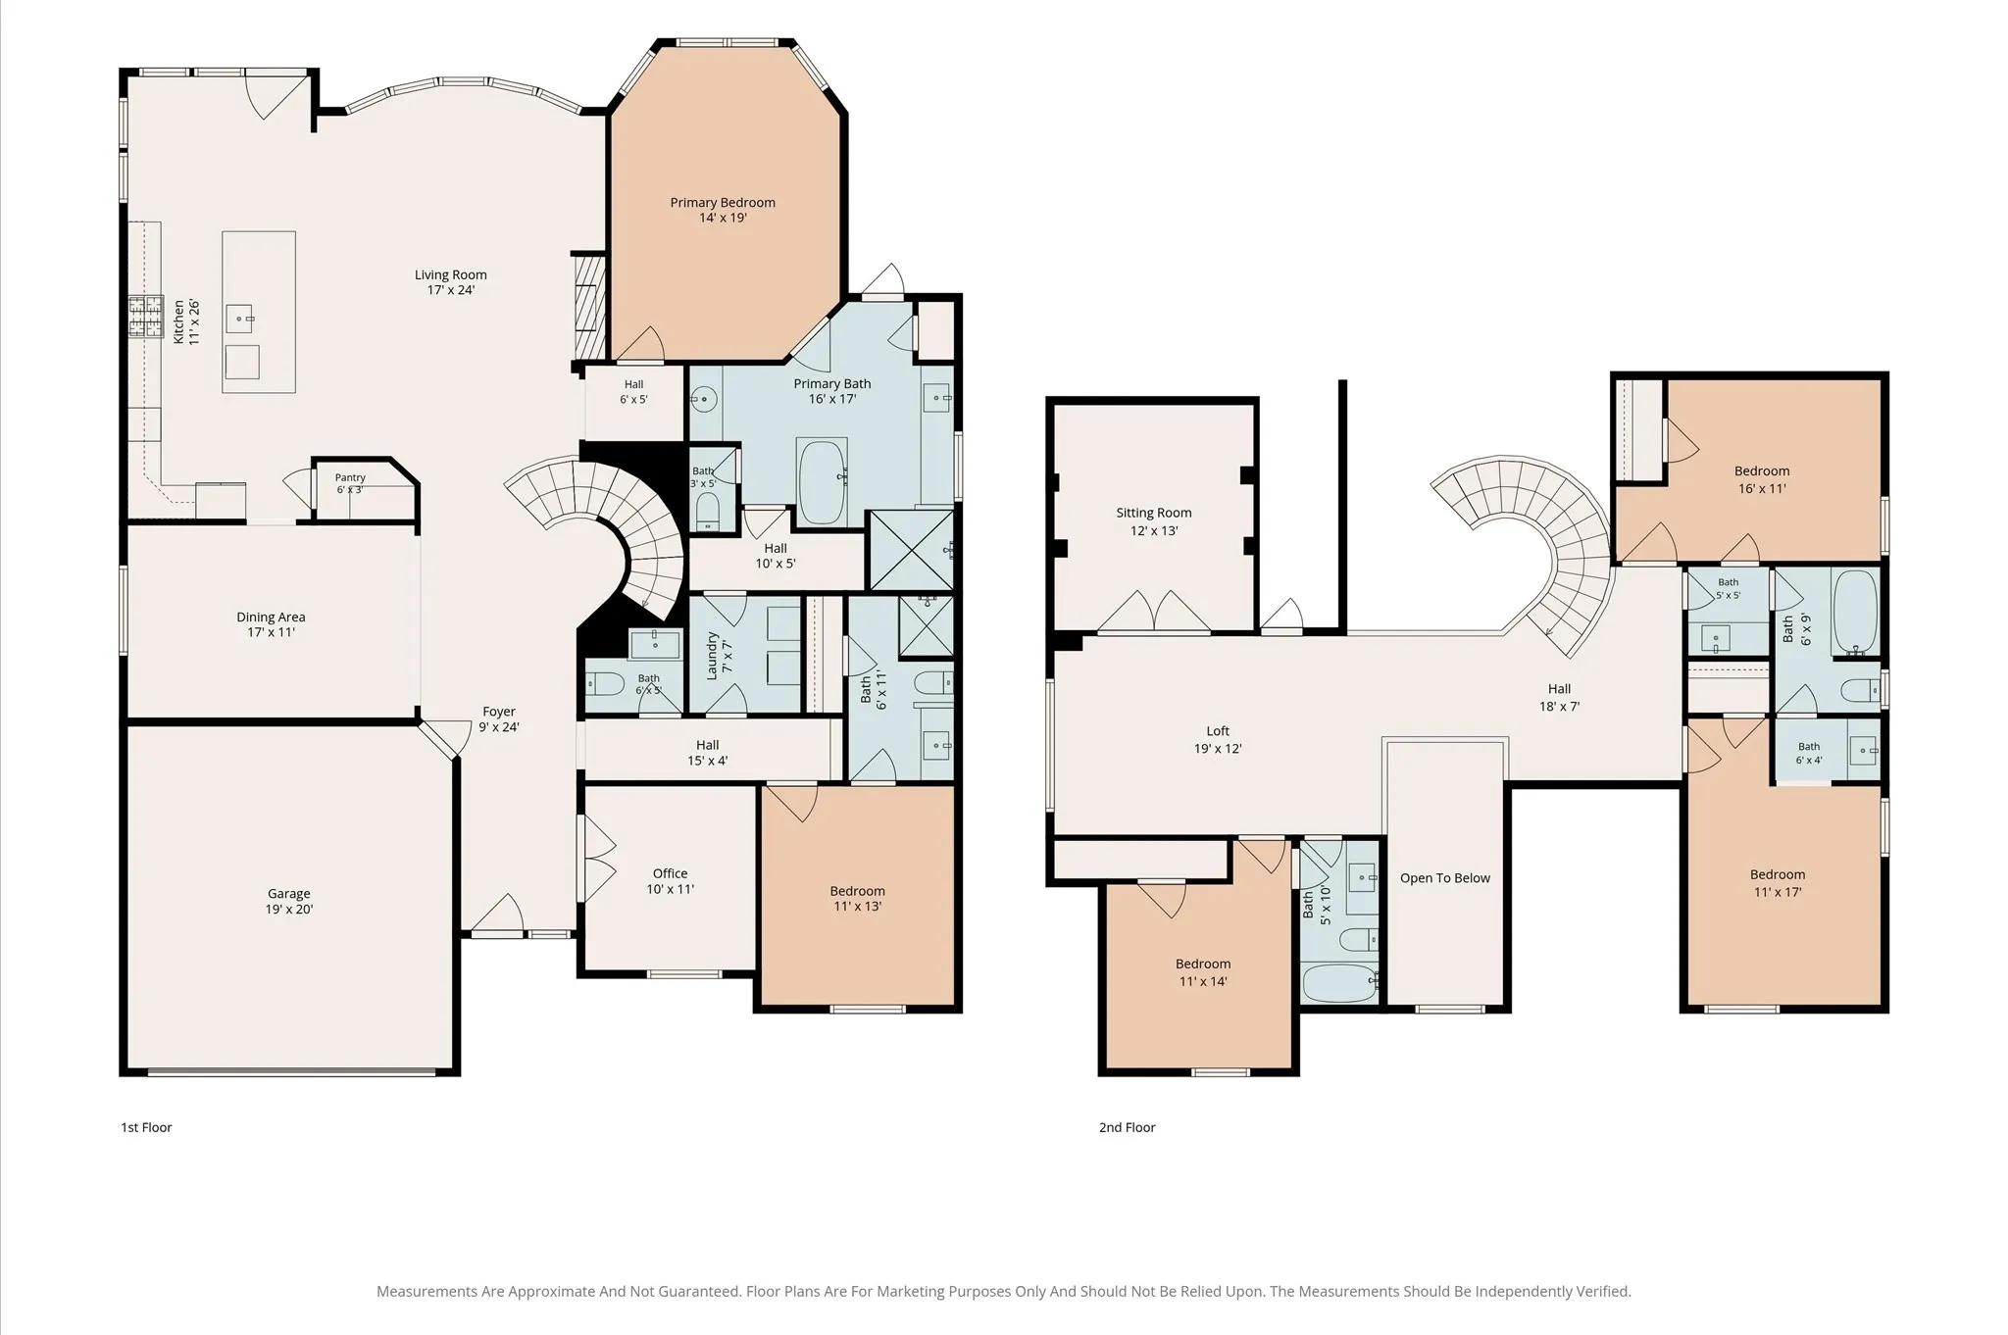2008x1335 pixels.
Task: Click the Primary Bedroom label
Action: (x=723, y=203)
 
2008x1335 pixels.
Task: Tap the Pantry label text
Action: (x=350, y=477)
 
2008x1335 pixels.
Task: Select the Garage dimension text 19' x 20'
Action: (x=289, y=910)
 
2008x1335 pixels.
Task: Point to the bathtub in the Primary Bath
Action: (x=822, y=482)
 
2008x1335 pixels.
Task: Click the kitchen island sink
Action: (x=241, y=319)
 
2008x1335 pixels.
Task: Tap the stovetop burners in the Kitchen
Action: (x=146, y=318)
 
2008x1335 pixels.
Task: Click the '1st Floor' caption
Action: (x=146, y=1127)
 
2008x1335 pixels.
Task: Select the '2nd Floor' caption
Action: (x=1127, y=1127)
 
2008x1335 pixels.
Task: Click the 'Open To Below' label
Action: (x=1445, y=878)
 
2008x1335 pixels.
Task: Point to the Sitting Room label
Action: (x=1154, y=513)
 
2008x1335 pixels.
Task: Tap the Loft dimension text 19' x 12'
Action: (x=1218, y=749)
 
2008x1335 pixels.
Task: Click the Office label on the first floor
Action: (x=671, y=873)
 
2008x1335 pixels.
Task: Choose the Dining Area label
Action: (x=271, y=618)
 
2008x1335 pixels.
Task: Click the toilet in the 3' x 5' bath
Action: (x=707, y=511)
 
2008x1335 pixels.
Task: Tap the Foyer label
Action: (x=499, y=712)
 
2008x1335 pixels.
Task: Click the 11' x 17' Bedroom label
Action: (x=1778, y=875)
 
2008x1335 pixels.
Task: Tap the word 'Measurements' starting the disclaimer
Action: (x=426, y=1292)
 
